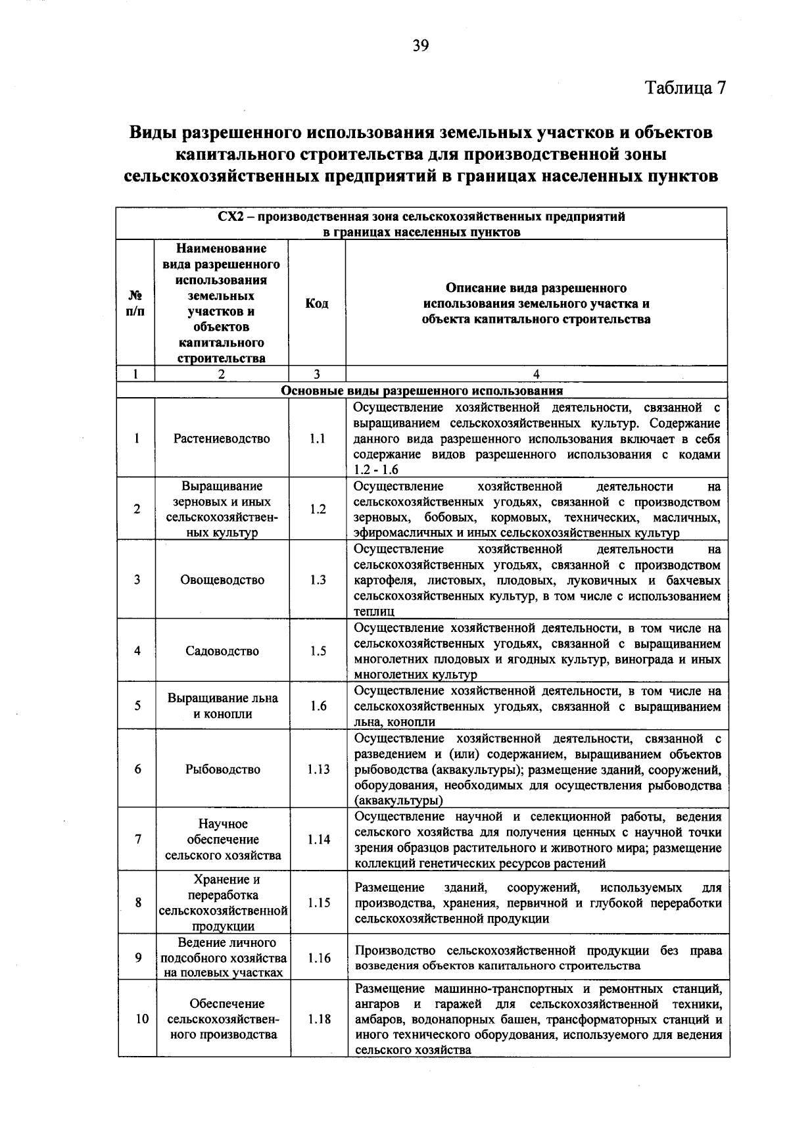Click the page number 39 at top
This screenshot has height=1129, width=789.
421,45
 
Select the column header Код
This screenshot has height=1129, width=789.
317,303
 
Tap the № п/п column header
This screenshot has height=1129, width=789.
135,303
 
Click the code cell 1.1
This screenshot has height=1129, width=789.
317,439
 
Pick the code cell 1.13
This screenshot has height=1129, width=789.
318,769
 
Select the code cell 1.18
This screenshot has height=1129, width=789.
318,1019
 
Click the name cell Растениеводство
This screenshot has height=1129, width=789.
222,439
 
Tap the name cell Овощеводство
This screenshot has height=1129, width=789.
222,580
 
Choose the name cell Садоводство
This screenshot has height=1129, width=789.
222,651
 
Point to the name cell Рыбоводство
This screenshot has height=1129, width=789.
222,769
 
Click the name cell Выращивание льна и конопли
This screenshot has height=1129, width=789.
222,706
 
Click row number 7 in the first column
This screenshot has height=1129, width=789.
137,840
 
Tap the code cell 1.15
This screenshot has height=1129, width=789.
318,903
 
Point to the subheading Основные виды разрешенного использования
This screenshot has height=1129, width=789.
422,391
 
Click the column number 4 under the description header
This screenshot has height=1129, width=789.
537,374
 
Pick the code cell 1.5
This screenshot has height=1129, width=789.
318,651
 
